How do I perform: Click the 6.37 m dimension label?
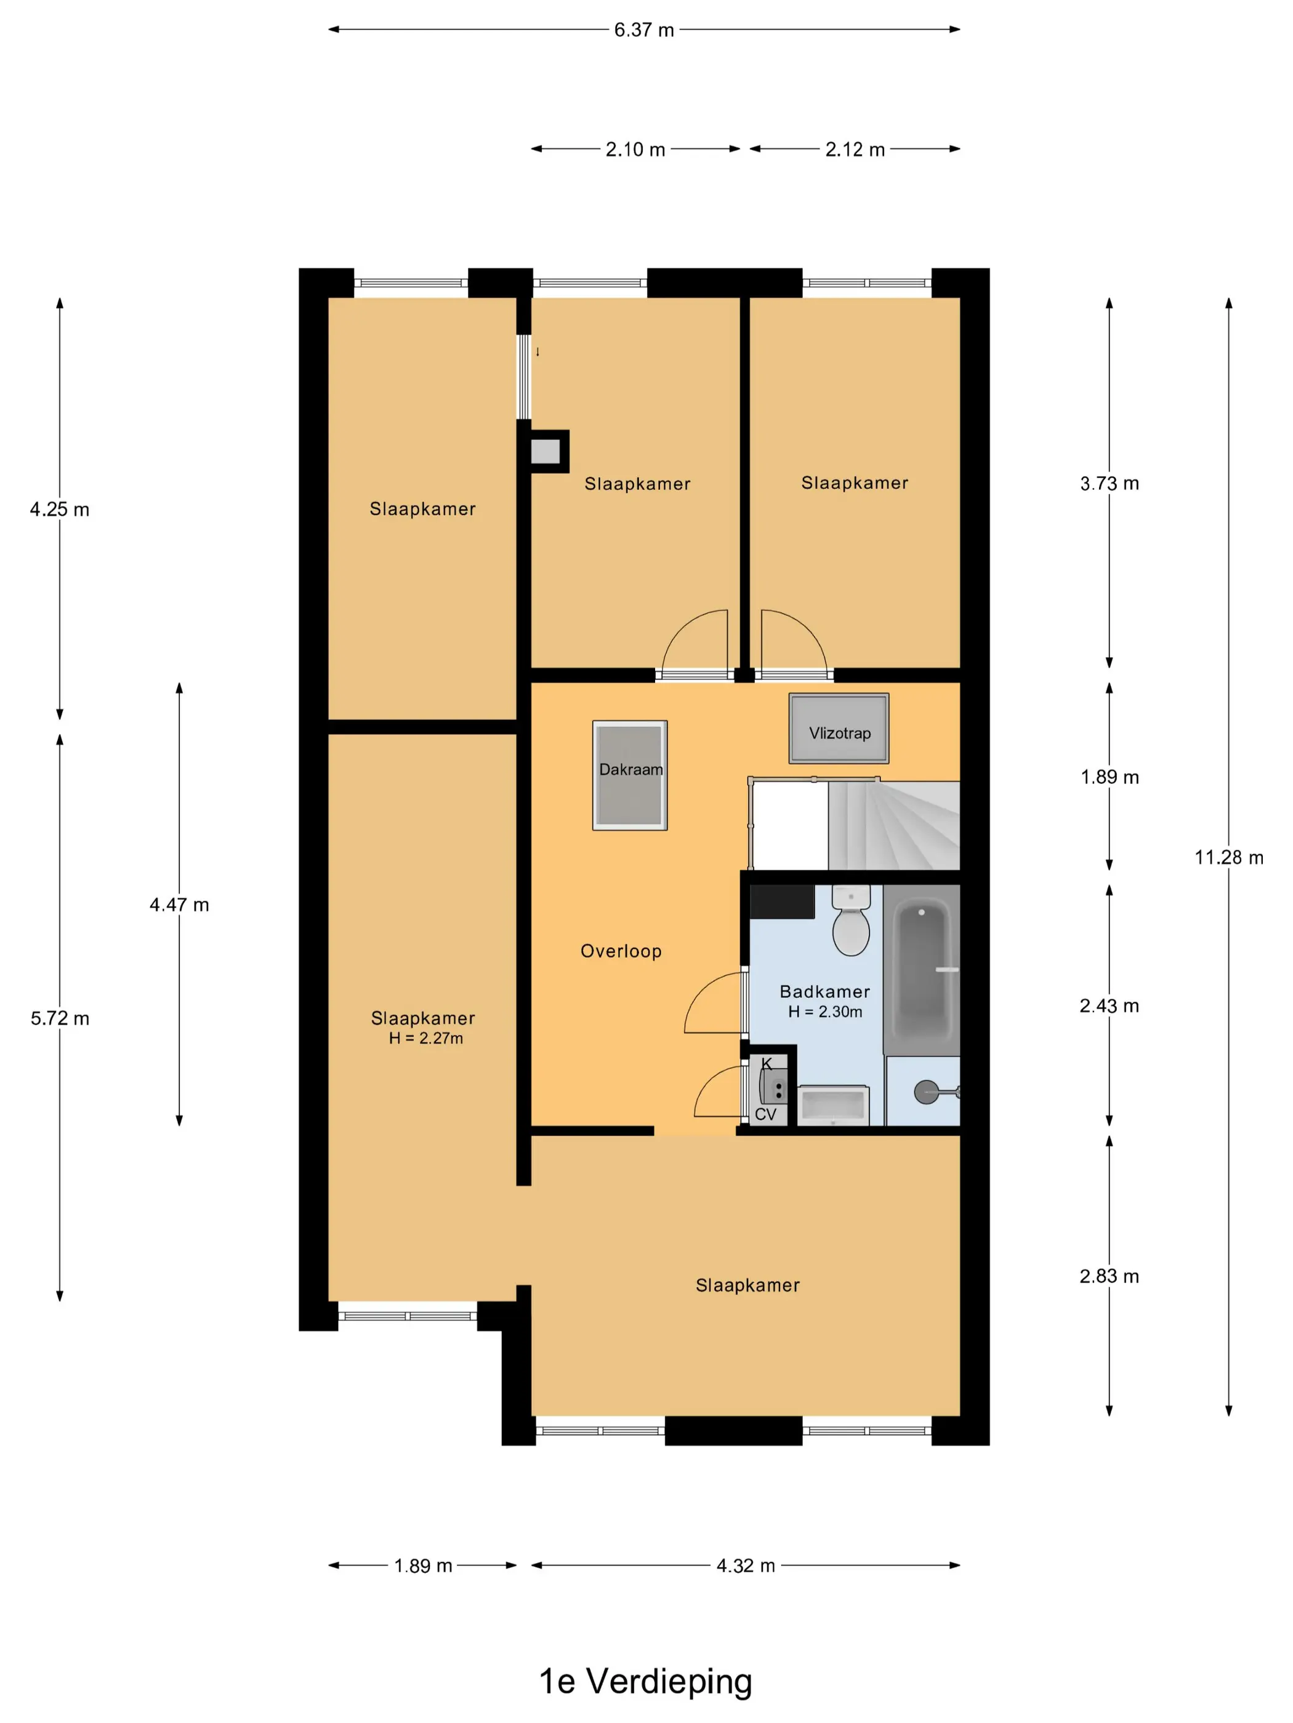click(644, 30)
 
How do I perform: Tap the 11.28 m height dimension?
click(1229, 858)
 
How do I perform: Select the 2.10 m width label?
click(635, 150)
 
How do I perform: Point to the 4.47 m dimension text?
click(179, 905)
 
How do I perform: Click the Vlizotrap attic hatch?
click(839, 729)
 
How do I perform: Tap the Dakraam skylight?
click(630, 775)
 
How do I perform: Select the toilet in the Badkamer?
click(851, 920)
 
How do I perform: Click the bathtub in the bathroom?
click(921, 970)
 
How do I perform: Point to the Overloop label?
click(621, 951)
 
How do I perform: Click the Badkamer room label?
click(824, 991)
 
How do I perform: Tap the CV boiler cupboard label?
click(765, 1114)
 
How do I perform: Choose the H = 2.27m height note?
click(426, 1038)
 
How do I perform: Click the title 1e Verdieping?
click(645, 1681)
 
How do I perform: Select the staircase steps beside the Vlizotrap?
click(893, 826)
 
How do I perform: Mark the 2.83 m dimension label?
click(1109, 1276)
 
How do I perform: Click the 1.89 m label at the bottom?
click(423, 1565)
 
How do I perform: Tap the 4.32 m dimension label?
click(746, 1565)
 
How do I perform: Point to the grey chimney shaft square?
click(546, 452)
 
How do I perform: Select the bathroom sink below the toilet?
click(833, 1105)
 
